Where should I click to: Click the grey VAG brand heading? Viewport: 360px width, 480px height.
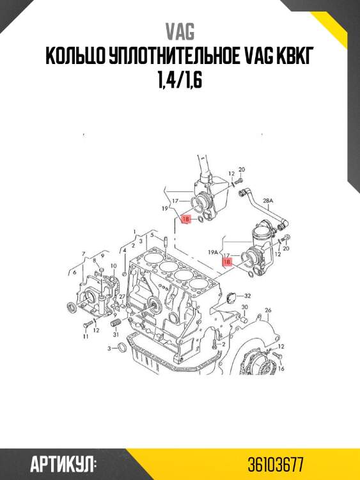coord(180,31)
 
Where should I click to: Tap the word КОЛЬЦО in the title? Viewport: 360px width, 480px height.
coord(75,56)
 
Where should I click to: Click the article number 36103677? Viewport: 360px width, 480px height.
coord(276,465)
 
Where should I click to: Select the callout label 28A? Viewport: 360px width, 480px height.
coord(268,201)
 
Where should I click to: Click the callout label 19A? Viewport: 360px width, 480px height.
coord(213,252)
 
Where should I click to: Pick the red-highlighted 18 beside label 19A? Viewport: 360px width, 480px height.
coord(227,262)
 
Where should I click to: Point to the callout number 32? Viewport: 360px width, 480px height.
coord(247,296)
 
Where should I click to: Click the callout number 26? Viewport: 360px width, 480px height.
coord(268,310)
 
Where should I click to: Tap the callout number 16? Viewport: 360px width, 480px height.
coord(281,368)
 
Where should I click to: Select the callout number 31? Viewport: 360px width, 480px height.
coord(116,335)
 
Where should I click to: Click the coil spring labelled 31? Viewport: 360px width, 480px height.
coord(115,323)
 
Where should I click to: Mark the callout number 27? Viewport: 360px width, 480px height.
coord(122,296)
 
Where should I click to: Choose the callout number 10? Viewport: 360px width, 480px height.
coord(113,266)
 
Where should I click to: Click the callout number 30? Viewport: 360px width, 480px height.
coord(245,307)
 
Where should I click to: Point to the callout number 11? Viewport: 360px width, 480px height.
coord(86,337)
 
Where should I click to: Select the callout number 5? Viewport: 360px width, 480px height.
coord(152,235)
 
